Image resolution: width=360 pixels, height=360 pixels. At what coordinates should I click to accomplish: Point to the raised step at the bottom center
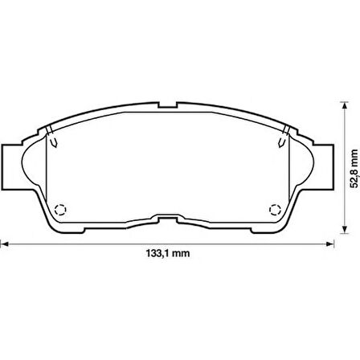coord(168,218)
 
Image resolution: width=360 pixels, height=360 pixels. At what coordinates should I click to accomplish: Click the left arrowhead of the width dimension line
coord(4,243)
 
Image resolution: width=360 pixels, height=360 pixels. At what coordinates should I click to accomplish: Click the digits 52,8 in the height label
coord(351,165)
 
